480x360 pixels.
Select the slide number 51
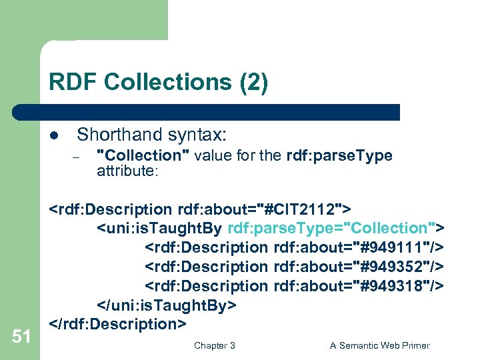tap(21, 337)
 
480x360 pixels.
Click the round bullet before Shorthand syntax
tap(54, 135)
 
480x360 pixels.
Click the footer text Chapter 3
tap(214, 345)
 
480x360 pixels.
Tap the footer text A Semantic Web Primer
tap(380, 345)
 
